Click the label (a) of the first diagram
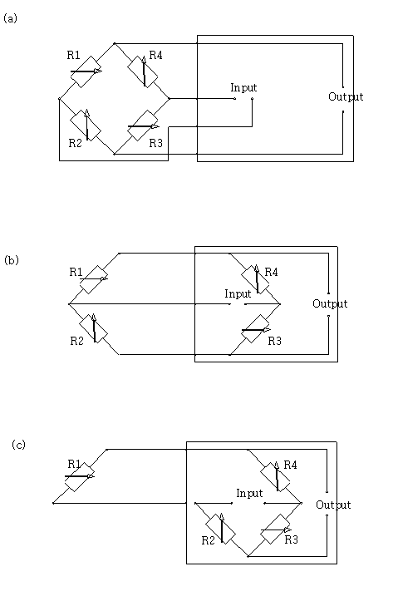tap(10, 18)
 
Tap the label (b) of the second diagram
tap(12, 260)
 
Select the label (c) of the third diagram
tap(18, 445)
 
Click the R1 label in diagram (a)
tap(73, 55)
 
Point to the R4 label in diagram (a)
tap(156, 55)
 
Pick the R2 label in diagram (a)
tap(76, 143)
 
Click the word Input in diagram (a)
tap(243, 88)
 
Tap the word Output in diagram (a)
tap(346, 96)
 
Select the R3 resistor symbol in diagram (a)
tap(143, 126)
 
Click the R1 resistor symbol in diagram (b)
tap(94, 279)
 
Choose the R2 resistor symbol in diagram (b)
tap(94, 328)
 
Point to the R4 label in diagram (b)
tap(271, 272)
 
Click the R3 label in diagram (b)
tap(274, 341)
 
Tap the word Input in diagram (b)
tap(238, 293)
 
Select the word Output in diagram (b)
tap(330, 303)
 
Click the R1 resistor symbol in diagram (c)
tap(80, 477)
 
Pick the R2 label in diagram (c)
tap(208, 540)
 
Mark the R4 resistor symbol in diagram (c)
tap(275, 476)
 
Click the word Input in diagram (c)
tap(249, 494)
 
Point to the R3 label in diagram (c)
tap(291, 539)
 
